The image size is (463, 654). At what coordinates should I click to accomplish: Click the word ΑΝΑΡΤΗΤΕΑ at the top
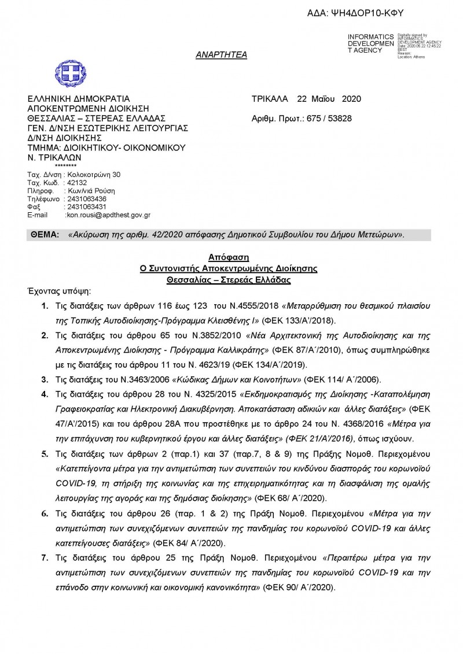click(x=221, y=55)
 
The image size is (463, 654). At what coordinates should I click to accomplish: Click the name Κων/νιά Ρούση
click(x=91, y=190)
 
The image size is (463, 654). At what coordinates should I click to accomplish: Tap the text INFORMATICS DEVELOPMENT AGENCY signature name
click(x=370, y=43)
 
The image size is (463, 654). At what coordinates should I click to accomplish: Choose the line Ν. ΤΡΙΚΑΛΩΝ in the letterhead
click(x=55, y=157)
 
